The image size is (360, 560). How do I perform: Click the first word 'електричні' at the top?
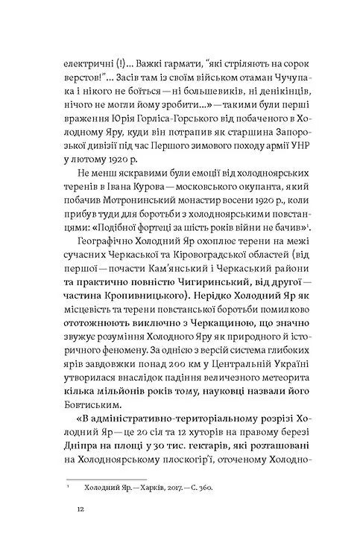(89, 60)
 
